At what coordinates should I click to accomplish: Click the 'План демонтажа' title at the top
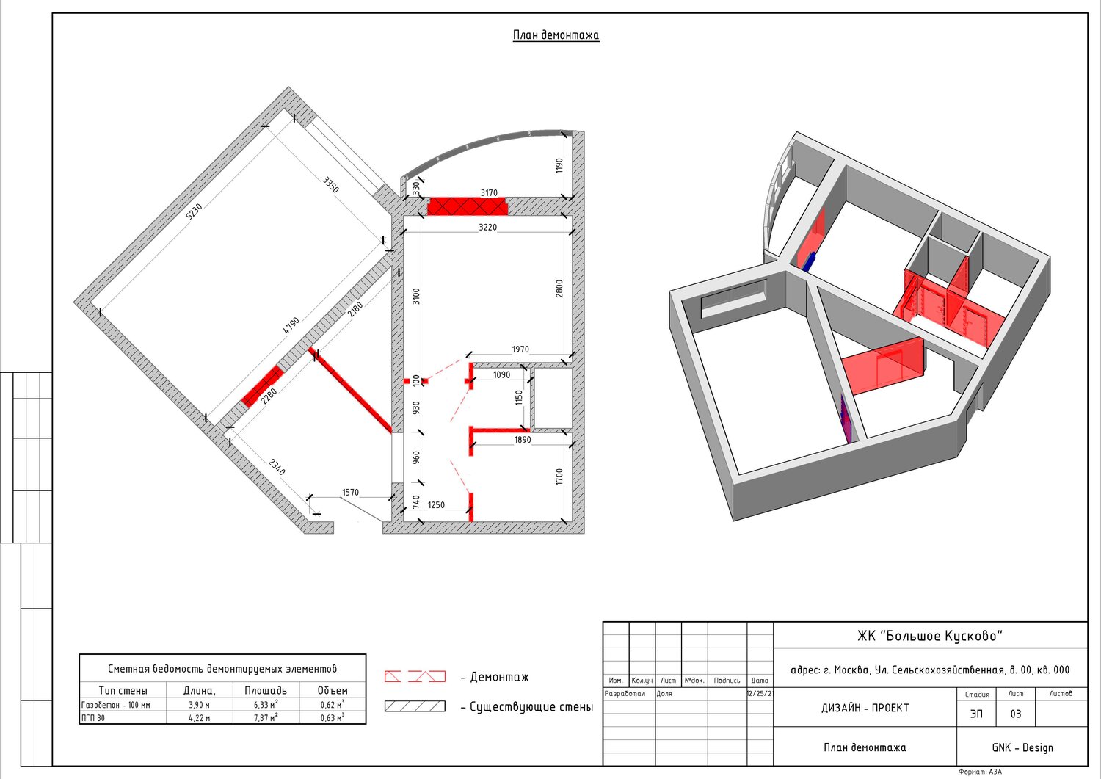tap(556, 35)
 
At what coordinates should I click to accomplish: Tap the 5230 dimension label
tap(194, 212)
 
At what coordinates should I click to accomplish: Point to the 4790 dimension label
tap(291, 325)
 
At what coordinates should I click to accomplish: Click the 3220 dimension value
tap(487, 228)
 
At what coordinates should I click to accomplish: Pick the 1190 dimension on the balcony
tap(559, 165)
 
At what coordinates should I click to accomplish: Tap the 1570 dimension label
tap(350, 493)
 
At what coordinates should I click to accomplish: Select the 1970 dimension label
tap(520, 350)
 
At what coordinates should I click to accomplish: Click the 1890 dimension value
tap(523, 441)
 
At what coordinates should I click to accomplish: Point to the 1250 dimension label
tap(436, 505)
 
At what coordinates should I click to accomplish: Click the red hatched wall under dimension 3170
tap(463, 206)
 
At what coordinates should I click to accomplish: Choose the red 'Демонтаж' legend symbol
tap(415, 676)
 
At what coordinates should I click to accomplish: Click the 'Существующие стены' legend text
tap(531, 707)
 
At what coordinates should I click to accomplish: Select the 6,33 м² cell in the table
tap(266, 705)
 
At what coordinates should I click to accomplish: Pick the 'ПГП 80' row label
tap(93, 718)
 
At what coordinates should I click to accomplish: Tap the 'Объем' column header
tap(333, 691)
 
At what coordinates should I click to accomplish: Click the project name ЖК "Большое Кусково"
tap(930, 636)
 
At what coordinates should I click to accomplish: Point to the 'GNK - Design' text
tap(1022, 747)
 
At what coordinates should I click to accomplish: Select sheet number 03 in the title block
tap(1016, 714)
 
